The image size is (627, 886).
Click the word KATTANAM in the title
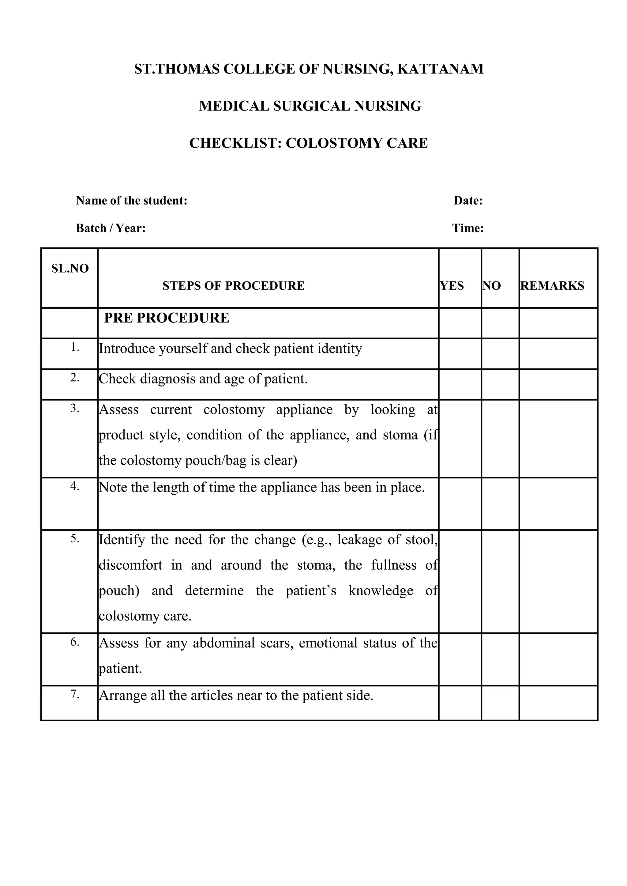(440, 69)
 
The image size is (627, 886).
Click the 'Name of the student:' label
(131, 201)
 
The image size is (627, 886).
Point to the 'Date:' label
(468, 201)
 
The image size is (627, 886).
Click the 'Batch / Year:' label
(111, 228)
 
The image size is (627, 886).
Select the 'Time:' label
(468, 228)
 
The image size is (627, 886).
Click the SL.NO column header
(70, 268)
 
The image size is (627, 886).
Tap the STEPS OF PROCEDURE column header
(233, 286)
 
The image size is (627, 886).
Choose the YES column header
(452, 286)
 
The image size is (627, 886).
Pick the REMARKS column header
(553, 286)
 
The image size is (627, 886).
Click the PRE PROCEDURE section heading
(167, 318)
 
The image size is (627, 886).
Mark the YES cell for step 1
(460, 354)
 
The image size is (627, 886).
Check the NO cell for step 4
(500, 503)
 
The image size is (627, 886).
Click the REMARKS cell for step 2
(558, 384)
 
